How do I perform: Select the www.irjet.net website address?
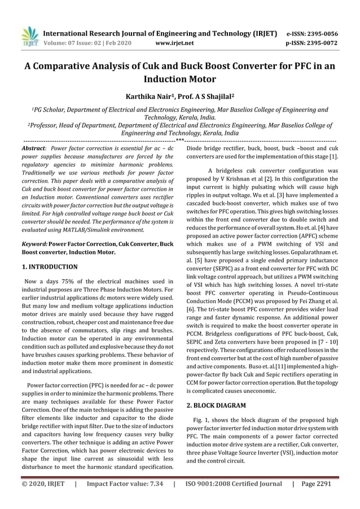(174, 42)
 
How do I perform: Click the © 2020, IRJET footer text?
(43, 484)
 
